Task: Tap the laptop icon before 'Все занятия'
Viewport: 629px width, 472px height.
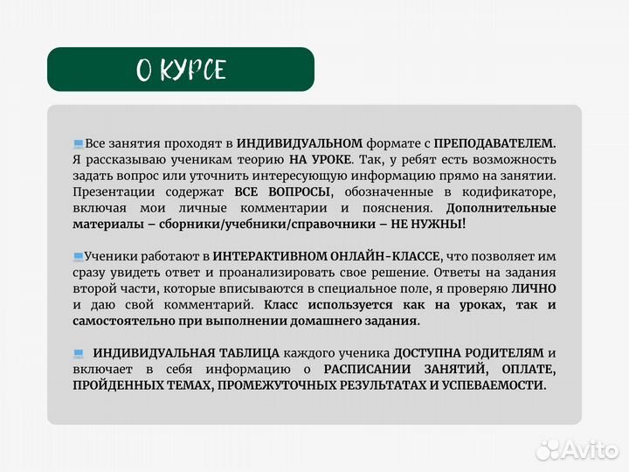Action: [79, 143]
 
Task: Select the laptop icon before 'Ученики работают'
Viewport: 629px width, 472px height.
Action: [79, 256]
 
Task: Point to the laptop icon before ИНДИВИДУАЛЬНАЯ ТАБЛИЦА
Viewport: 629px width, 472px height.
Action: [79, 353]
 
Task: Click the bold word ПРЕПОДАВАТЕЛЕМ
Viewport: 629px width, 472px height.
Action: [494, 143]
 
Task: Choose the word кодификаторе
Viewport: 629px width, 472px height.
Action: [513, 191]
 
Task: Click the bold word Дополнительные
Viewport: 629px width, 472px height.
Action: [501, 208]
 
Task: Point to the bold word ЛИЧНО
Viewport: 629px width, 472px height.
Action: [533, 288]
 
